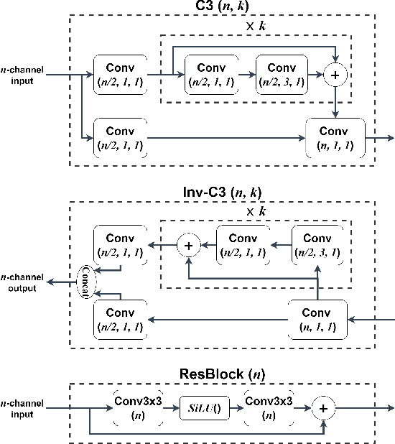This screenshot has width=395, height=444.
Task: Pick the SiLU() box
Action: (203, 409)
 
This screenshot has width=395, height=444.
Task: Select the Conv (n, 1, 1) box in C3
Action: (335, 139)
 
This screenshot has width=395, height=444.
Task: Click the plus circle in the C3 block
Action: (335, 73)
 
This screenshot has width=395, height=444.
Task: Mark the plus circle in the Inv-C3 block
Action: (189, 246)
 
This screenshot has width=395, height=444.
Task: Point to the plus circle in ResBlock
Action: (323, 408)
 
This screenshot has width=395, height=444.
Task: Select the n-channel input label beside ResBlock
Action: (23, 408)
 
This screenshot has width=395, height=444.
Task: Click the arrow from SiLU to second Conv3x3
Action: (233, 409)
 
